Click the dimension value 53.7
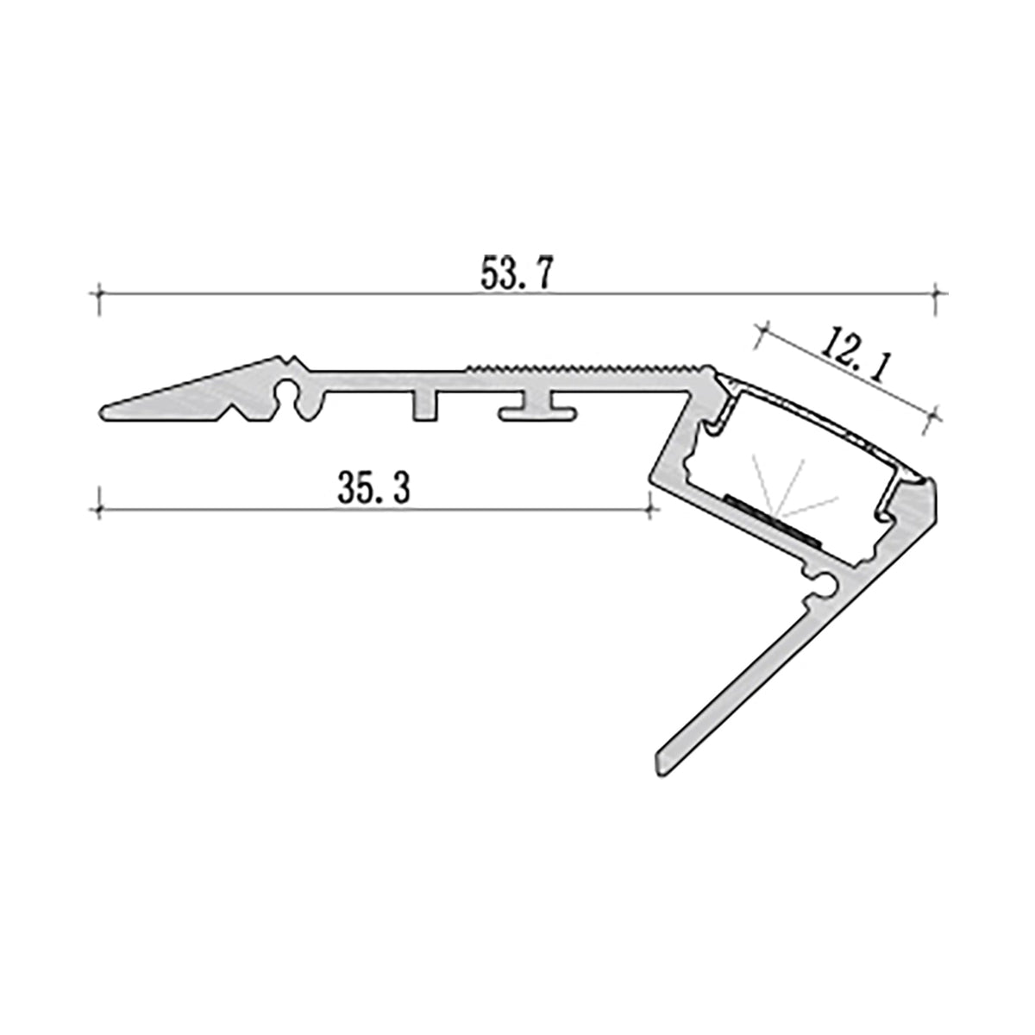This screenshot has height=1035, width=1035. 515,273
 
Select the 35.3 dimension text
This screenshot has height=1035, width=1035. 373,490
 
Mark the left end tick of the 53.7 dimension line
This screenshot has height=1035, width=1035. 101,294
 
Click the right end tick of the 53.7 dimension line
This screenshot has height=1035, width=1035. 935,294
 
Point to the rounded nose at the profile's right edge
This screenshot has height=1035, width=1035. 932,500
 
